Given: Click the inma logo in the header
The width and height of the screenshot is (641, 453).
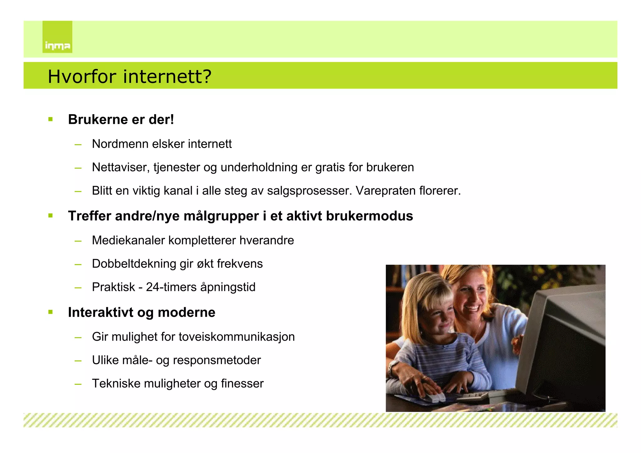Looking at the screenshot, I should pyautogui.click(x=57, y=37).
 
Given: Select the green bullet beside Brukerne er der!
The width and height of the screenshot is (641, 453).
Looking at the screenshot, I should pyautogui.click(x=51, y=119).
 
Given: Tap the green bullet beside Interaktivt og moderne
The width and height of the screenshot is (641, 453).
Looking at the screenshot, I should pyautogui.click(x=51, y=312).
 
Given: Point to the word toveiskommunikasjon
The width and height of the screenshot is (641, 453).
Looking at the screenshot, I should pyautogui.click(x=237, y=337).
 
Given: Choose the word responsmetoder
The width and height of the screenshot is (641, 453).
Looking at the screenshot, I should pyautogui.click(x=217, y=360).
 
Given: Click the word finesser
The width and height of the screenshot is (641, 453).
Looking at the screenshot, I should pyautogui.click(x=242, y=384).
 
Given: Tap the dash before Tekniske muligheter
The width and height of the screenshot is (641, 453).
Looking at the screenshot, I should pyautogui.click(x=78, y=384).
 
